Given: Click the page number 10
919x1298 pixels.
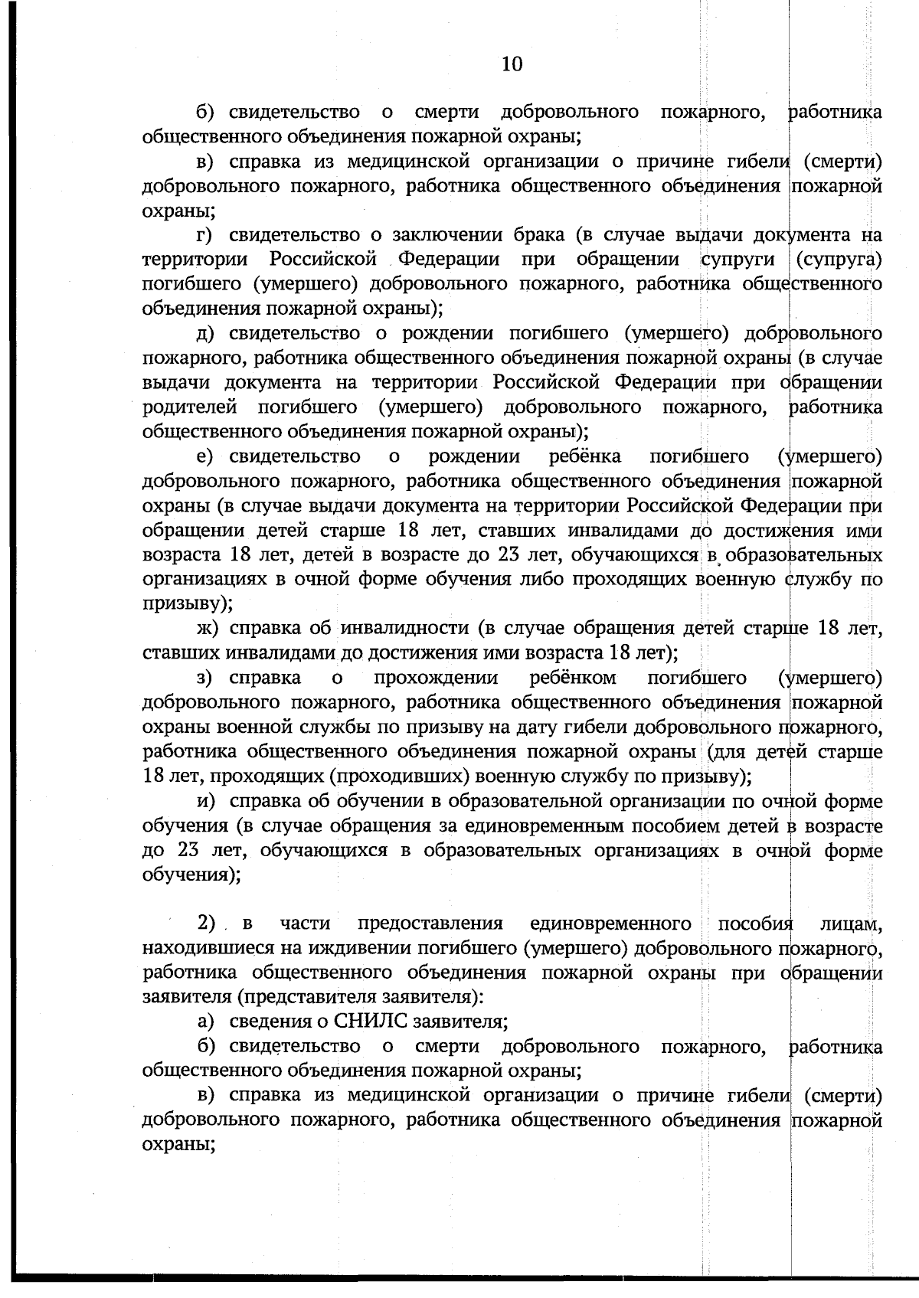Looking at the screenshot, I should [512, 64].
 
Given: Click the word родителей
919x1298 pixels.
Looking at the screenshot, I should [189, 407].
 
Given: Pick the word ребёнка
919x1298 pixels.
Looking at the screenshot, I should [585, 457].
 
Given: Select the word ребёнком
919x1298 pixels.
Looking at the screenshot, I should [573, 678].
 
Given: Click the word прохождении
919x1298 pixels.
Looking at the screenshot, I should [436, 678].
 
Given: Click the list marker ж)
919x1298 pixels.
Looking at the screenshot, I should [208, 629].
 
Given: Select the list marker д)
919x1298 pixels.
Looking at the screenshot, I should [208, 333].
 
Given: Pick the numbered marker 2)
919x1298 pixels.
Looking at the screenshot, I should [208, 924].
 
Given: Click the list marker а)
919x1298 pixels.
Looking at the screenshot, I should [207, 1021].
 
